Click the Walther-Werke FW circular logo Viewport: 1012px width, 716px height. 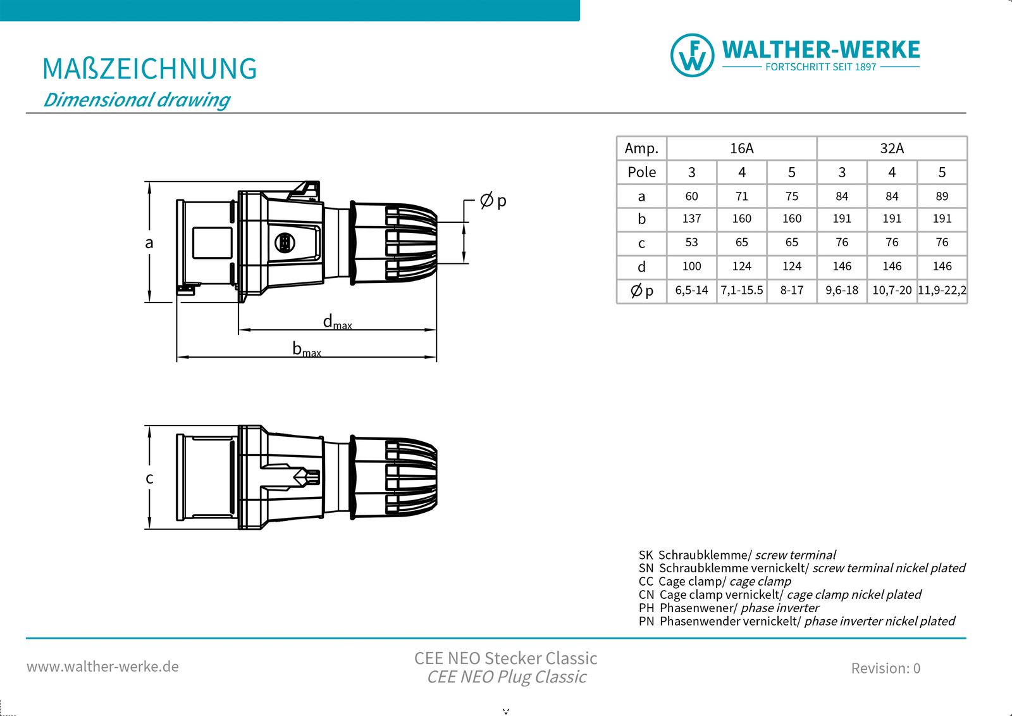(x=693, y=55)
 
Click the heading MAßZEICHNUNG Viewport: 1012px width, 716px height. (x=149, y=69)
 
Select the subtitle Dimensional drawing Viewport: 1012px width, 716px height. (x=136, y=100)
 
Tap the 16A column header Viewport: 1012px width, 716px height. (x=741, y=148)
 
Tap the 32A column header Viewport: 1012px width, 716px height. (x=892, y=148)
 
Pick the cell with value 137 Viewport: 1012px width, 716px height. (x=691, y=218)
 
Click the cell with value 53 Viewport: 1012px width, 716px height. (x=691, y=242)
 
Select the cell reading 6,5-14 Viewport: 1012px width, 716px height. (x=691, y=291)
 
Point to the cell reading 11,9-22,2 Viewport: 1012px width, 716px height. (x=942, y=291)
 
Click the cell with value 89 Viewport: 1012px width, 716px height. (x=942, y=196)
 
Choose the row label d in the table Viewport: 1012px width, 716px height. (x=641, y=267)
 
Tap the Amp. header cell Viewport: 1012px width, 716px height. (x=641, y=148)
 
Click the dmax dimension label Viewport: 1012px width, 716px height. (x=336, y=322)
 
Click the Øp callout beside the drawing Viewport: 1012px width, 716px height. (x=493, y=201)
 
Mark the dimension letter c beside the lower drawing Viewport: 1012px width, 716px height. (x=149, y=478)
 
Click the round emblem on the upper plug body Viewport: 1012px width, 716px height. (x=285, y=242)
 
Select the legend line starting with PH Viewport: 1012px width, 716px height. (x=729, y=608)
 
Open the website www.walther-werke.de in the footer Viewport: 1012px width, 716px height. (x=102, y=667)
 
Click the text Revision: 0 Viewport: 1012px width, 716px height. (x=885, y=668)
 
